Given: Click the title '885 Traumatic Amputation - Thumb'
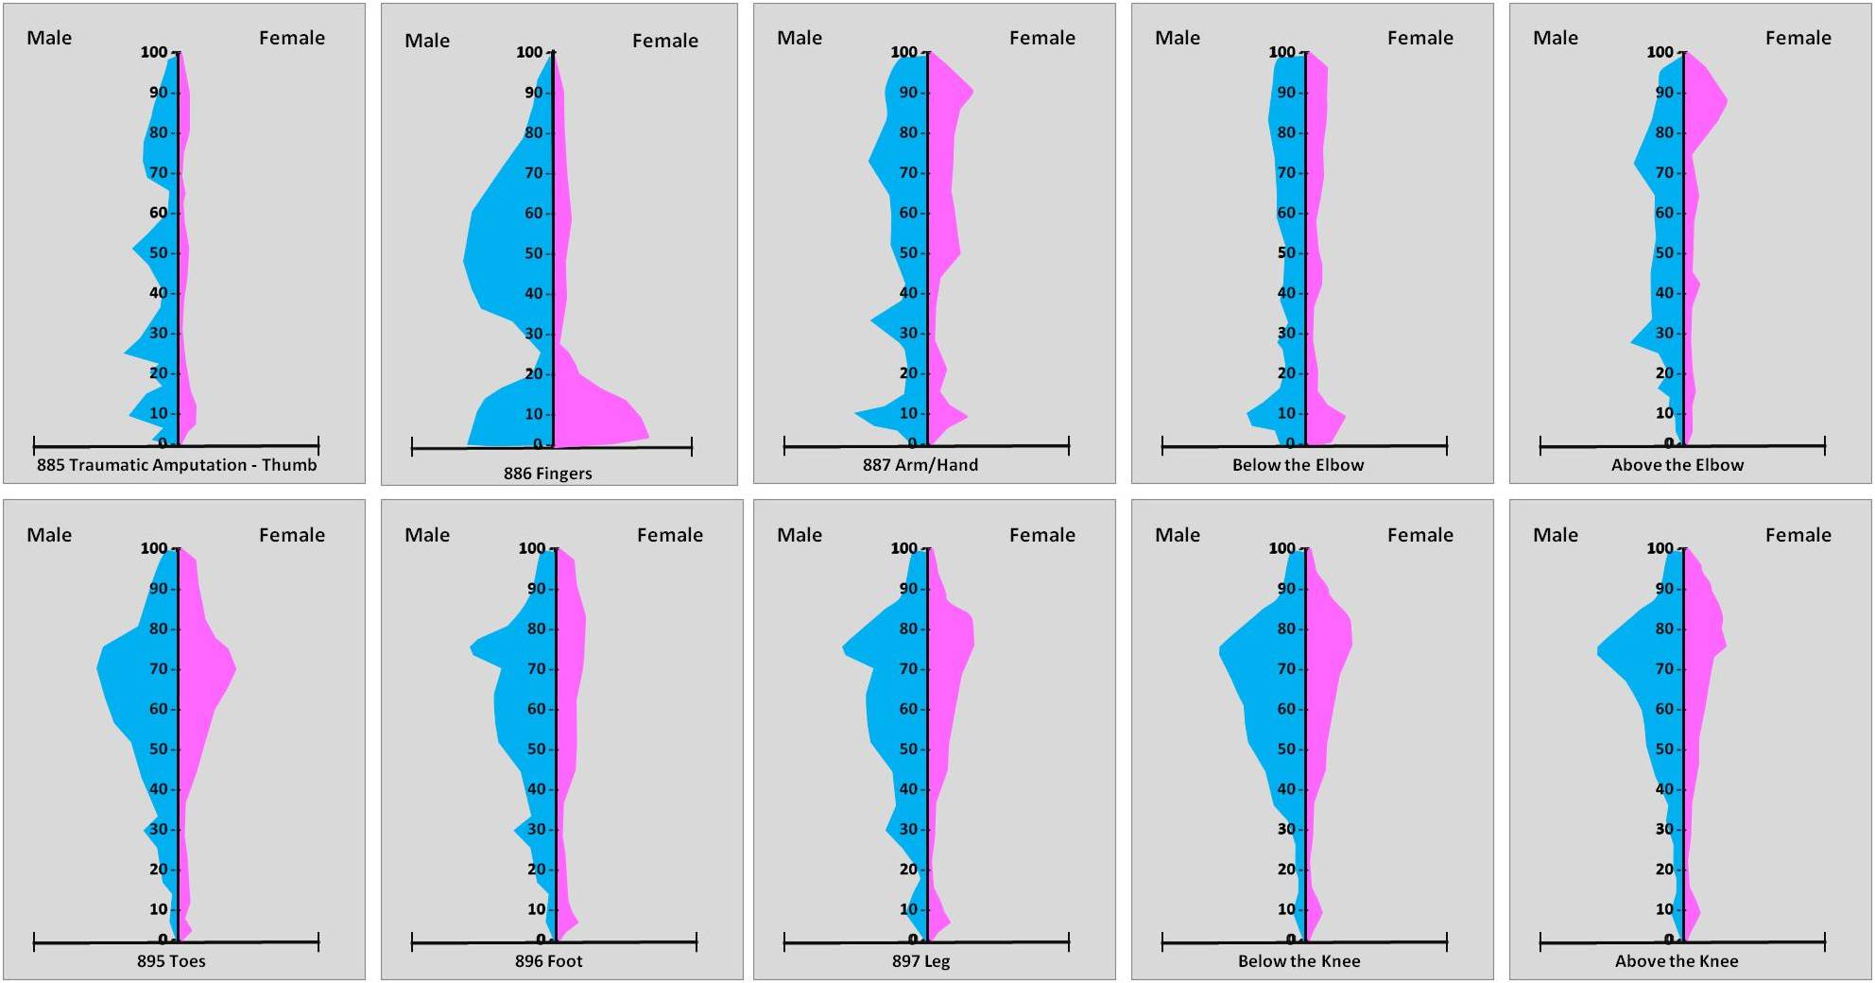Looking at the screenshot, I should click(x=177, y=465).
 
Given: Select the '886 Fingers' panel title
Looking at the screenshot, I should click(x=547, y=474).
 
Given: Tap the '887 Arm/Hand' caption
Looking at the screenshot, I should click(x=920, y=465).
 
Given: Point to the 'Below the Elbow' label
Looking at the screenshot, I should click(x=1298, y=465).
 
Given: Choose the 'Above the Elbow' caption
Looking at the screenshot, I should click(x=1677, y=465).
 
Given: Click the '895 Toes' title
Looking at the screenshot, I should click(x=171, y=961).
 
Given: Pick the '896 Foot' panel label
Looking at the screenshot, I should click(x=548, y=961).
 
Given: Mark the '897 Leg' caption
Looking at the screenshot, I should click(x=920, y=961).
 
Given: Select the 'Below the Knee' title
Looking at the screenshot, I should click(x=1299, y=961).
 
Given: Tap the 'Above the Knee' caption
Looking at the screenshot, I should click(x=1676, y=961).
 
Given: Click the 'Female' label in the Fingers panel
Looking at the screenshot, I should click(x=664, y=41).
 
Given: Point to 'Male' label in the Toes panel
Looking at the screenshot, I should click(x=49, y=535).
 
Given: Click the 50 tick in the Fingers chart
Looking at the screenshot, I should click(x=535, y=253).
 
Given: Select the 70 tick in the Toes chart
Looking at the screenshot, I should click(x=159, y=669).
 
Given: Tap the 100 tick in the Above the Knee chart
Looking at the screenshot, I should click(x=1660, y=548).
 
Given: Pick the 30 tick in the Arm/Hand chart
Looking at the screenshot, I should click(x=909, y=334).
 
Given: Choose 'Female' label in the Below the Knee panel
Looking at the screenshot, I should click(x=1419, y=535).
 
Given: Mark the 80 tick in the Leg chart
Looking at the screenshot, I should click(x=909, y=629).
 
